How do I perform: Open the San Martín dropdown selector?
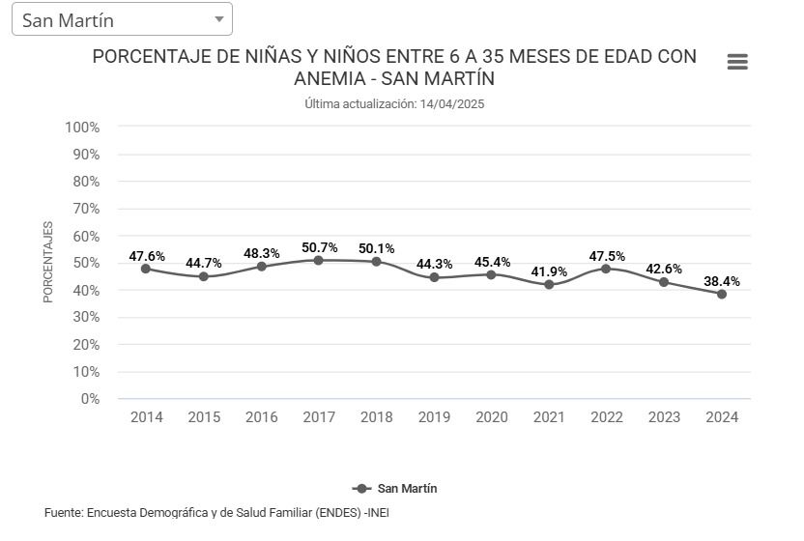point(122,19)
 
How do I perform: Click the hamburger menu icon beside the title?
point(737,62)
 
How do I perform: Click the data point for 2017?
point(319,260)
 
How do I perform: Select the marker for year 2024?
point(722,294)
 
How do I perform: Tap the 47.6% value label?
point(147,256)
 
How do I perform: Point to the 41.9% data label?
point(550,271)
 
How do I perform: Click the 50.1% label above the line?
point(376,248)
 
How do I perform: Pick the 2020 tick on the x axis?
point(492,417)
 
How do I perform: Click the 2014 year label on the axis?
point(147,417)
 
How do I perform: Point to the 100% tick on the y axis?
point(82,128)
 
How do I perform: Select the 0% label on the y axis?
point(90,398)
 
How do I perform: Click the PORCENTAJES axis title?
point(48,262)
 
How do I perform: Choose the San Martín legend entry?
point(395,489)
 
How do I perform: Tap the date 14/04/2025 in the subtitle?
point(452,103)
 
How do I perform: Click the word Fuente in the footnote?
point(63,512)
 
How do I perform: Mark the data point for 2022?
point(607,269)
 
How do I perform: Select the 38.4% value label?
point(722,281)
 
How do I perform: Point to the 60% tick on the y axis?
point(86,236)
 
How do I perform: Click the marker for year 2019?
point(434,277)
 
